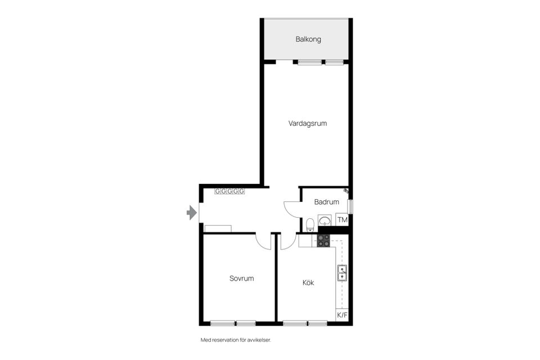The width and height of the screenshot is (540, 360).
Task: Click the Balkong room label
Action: coord(308,39)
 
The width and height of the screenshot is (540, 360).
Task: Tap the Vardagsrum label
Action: coord(308,123)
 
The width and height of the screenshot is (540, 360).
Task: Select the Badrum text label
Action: coord(326,202)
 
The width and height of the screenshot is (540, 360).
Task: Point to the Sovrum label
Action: coord(241,278)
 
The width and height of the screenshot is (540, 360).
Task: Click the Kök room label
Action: coord(308,282)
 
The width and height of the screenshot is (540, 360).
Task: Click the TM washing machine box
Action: coord(343,220)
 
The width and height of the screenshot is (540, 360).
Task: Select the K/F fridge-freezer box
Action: coord(342,315)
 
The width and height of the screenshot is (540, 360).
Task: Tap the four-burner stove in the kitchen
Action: coord(323,241)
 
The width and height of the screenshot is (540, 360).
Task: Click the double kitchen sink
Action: coord(342,273)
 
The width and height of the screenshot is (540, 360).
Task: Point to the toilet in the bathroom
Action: coord(310,225)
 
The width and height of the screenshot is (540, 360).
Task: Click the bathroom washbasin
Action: coord(325,220)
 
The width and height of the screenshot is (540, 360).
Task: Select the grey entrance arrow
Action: coord(191,213)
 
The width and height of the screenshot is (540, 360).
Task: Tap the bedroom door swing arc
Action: coord(263,244)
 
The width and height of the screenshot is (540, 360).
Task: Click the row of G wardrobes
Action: coord(229,191)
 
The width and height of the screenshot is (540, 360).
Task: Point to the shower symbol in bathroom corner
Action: coord(346,190)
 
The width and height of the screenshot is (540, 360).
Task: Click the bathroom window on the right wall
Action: coord(350,206)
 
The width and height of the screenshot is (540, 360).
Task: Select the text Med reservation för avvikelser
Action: coord(236,340)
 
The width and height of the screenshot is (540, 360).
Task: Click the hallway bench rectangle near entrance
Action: coord(218,228)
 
